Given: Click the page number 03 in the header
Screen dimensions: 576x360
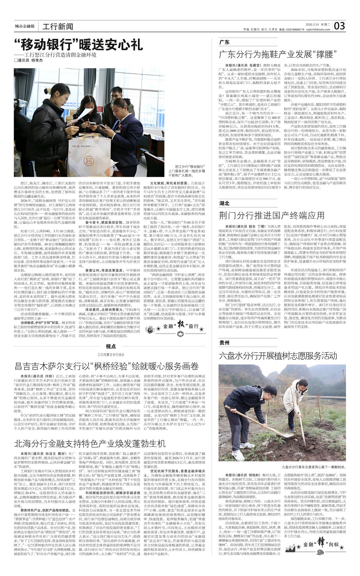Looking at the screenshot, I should click(x=340, y=25).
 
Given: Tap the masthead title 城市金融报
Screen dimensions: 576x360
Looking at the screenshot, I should click(x=25, y=26).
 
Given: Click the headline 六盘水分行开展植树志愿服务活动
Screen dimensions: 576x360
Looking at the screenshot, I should click(x=278, y=356).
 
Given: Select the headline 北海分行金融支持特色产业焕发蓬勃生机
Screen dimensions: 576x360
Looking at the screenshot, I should click(x=90, y=443).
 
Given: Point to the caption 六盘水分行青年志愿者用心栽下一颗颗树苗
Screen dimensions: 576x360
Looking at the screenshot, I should click(x=313, y=467).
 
